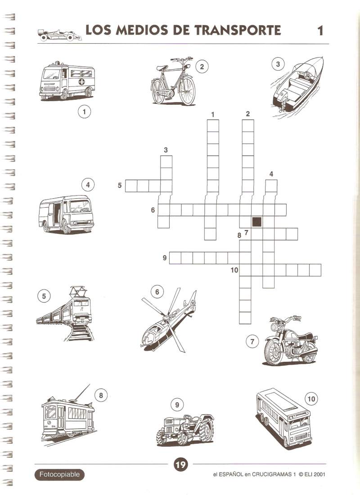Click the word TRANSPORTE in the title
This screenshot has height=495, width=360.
click(x=237, y=30)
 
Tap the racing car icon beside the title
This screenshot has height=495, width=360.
click(x=59, y=35)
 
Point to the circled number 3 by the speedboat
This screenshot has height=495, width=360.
click(x=278, y=64)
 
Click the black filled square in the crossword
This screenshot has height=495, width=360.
click(x=257, y=222)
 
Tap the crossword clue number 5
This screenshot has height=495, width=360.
click(x=119, y=185)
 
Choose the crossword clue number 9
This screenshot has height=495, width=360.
click(x=164, y=258)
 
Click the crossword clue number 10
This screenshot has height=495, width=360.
click(x=234, y=270)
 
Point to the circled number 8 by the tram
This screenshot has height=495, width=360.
click(x=101, y=395)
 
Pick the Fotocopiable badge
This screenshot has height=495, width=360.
click(x=59, y=474)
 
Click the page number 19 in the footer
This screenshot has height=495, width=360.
click(x=180, y=465)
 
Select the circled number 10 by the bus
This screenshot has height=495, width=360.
click(x=311, y=399)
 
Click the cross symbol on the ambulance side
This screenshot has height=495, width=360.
click(x=81, y=82)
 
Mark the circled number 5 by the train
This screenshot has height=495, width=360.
click(x=44, y=296)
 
